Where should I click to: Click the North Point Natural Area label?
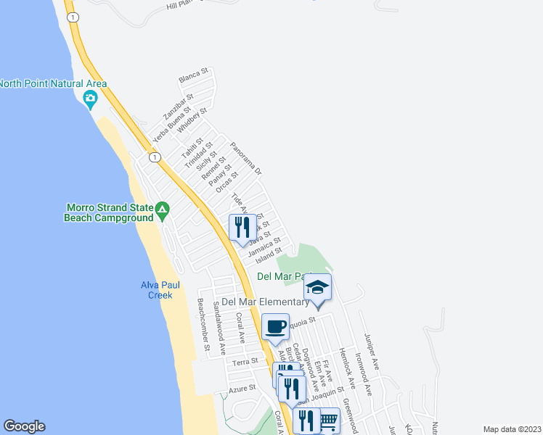(54, 83)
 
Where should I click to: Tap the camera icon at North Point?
(91, 99)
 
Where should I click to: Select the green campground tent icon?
(163, 211)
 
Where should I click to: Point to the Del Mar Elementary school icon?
(317, 288)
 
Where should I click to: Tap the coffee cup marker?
(275, 327)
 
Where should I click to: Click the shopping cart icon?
(328, 420)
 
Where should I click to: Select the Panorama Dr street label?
(245, 157)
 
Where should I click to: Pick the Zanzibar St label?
(178, 106)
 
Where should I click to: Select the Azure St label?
(242, 389)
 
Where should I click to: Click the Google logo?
(24, 426)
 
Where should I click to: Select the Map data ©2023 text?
(511, 428)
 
